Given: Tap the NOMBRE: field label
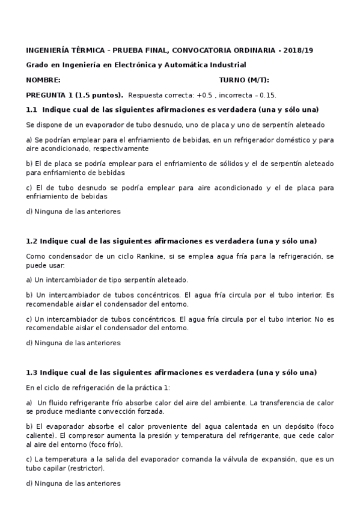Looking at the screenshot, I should pos(43,80).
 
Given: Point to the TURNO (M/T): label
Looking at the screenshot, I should pos(244,80).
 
